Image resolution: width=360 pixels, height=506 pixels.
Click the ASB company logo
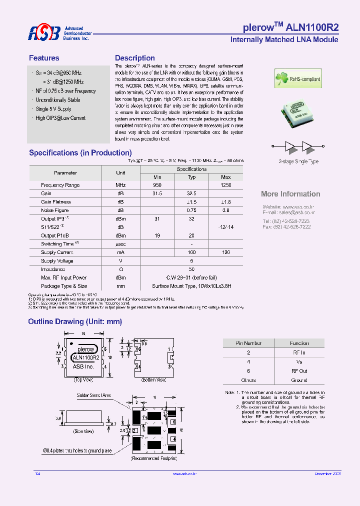coord(44,33)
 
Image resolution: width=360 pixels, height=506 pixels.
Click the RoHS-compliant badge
coord(298,79)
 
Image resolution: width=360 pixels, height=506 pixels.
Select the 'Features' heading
coord(44,58)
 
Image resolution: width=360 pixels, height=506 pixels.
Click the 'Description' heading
coord(135,58)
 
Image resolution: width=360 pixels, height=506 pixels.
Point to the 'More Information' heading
coord(290,194)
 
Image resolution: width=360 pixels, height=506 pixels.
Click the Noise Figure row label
coord(55,210)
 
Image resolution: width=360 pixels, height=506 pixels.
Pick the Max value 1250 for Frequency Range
coord(226,185)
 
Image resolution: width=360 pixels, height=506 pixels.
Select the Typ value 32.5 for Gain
coord(191,193)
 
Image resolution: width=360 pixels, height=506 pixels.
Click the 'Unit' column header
coord(120,172)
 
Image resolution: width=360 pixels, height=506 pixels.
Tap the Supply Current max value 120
coord(226,252)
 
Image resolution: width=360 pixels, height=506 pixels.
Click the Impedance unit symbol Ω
coord(120,269)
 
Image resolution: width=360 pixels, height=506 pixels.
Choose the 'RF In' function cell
coord(299,352)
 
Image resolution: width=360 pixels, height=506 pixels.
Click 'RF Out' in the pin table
coord(299,371)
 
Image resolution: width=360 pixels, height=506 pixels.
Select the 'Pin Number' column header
coord(248,343)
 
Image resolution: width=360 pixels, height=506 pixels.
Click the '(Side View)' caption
coord(83,431)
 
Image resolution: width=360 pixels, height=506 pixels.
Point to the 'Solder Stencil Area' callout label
coord(93,395)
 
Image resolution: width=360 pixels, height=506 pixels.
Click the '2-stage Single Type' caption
coord(298,161)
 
